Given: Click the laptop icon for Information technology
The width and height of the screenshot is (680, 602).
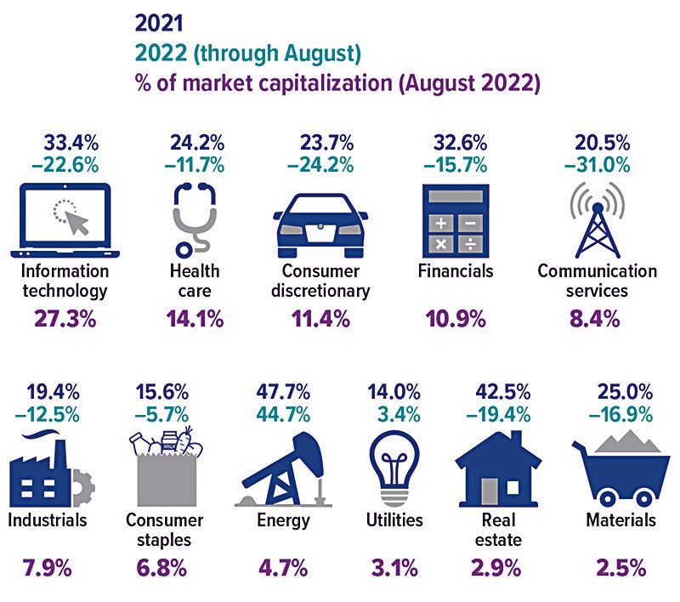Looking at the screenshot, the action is pos(65,221).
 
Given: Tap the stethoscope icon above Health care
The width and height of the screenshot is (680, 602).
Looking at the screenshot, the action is pos(194,220).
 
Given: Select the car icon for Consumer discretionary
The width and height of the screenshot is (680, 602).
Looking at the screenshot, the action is pos(320,225).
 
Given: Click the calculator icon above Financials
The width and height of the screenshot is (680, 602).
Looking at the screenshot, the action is pos(456,221).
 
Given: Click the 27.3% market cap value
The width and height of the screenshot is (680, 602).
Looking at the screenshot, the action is pos(65,319).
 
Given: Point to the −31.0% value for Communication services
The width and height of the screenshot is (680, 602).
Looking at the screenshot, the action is pos(598,165).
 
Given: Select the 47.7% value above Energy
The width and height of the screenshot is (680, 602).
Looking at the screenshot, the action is pos(283,392).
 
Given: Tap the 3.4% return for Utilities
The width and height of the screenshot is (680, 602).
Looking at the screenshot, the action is pos(399,415).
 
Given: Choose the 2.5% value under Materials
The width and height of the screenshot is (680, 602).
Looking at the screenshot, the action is pos(621,568).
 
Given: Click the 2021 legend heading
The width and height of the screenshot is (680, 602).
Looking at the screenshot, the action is pos(159,23).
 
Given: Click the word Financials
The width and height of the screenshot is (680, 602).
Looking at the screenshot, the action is pos(456,271).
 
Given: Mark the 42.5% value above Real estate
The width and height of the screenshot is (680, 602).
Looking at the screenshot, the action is pos(503,392).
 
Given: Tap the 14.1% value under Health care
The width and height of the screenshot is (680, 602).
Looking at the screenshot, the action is pos(195,319).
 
